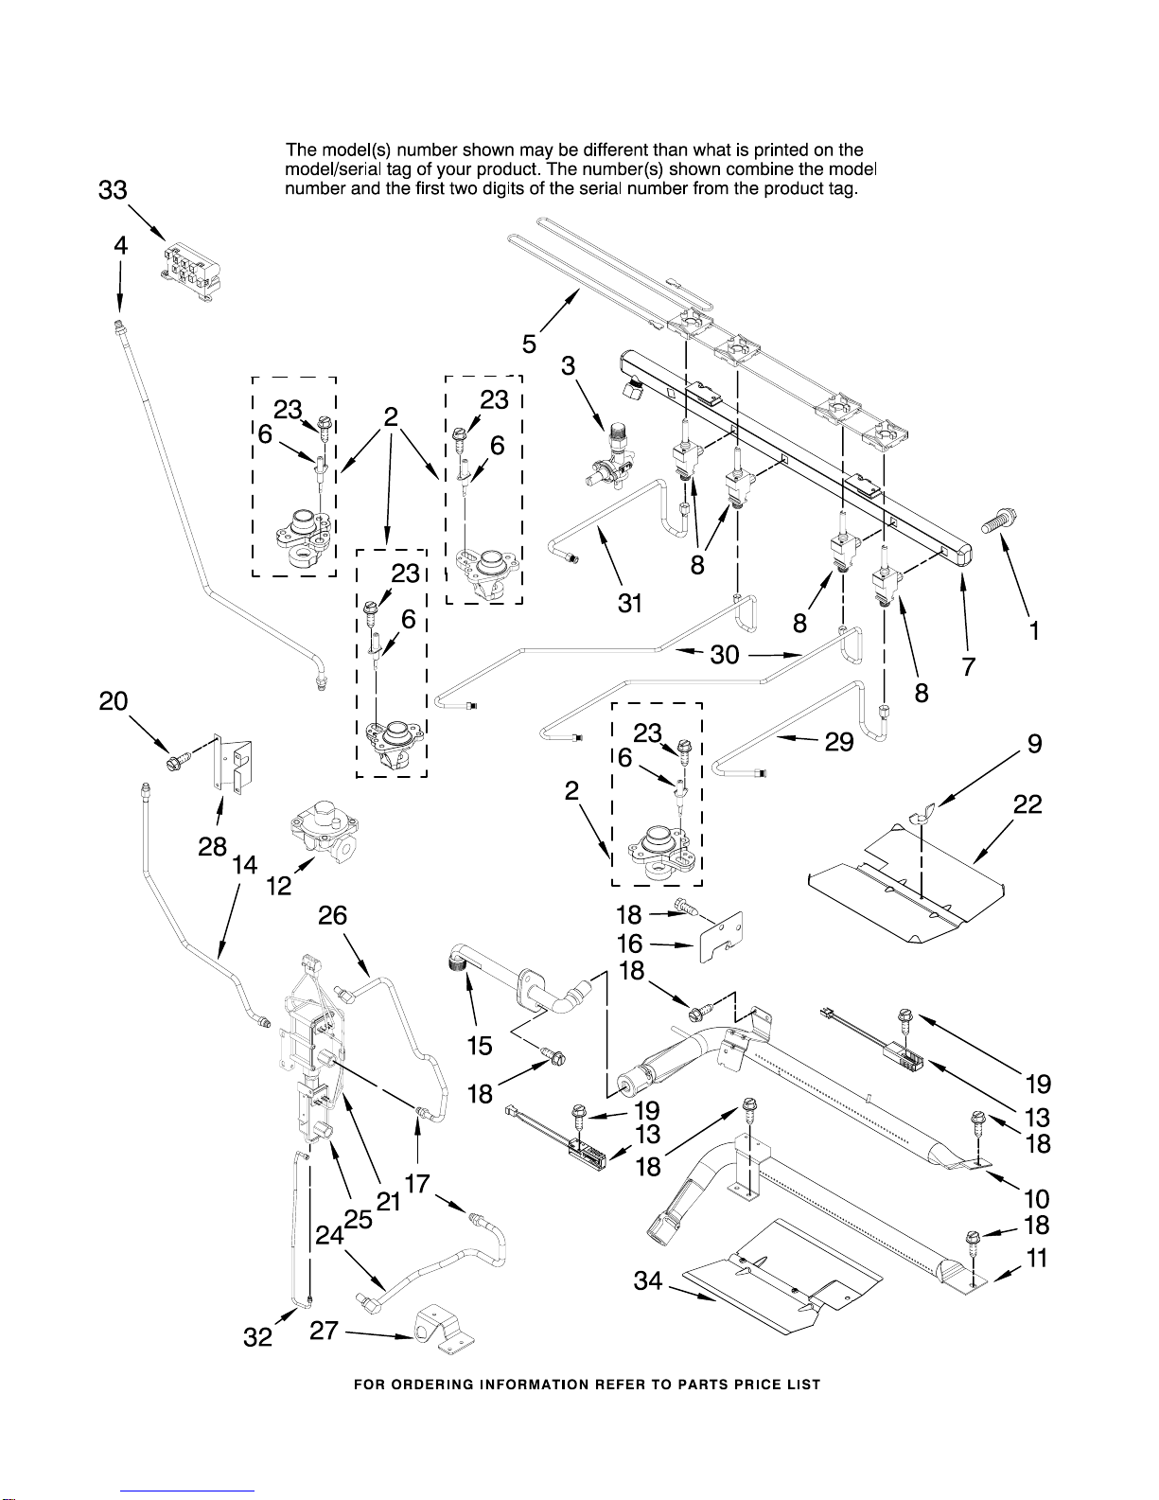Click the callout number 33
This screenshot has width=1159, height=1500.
click(x=114, y=190)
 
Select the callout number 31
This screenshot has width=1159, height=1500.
click(x=630, y=604)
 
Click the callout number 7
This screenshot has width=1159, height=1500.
click(x=969, y=666)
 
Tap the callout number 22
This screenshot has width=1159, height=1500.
click(x=1027, y=804)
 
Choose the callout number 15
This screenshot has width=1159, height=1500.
click(x=480, y=1046)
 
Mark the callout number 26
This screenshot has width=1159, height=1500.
click(x=332, y=915)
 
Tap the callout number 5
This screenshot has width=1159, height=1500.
click(x=529, y=344)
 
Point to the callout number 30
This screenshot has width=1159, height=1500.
click(x=725, y=654)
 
